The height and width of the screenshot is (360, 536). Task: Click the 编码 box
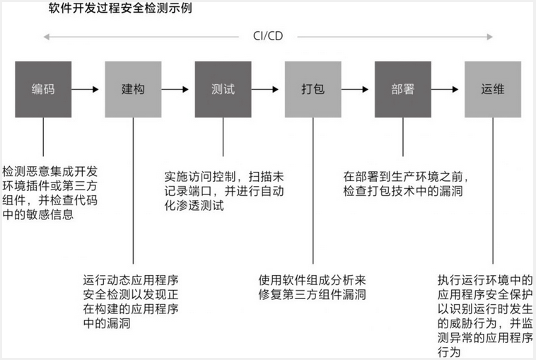43,90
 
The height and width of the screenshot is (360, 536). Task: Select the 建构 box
133,90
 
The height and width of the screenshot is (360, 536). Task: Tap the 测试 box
223,90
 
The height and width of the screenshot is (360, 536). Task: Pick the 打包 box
313,90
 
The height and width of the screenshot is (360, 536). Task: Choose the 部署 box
402,90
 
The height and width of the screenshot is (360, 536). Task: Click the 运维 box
493,90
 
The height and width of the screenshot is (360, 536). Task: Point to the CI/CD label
268,36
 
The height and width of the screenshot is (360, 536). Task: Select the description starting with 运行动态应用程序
130,301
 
